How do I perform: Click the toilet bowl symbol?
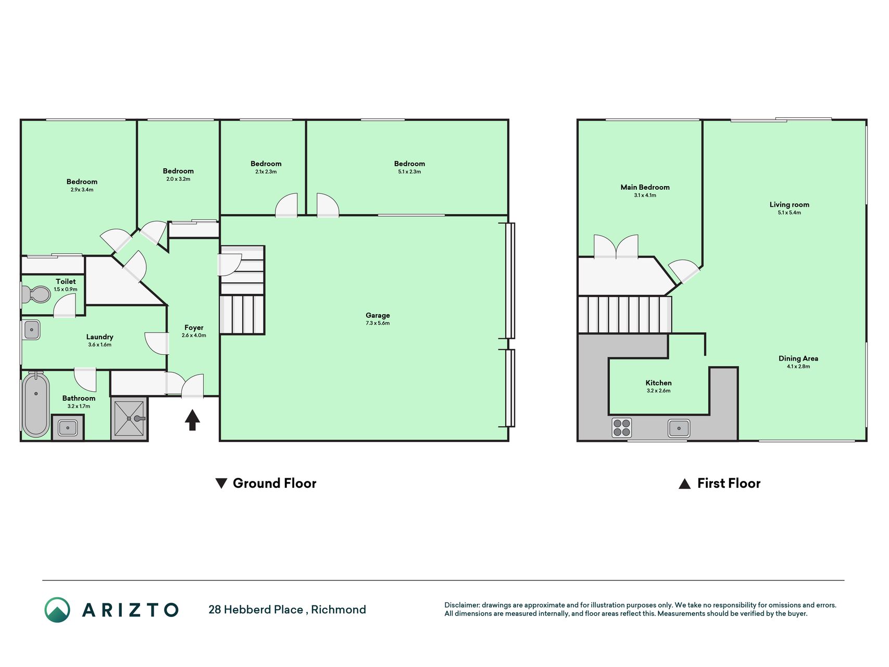click(36, 294)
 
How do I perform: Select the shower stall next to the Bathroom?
click(129, 418)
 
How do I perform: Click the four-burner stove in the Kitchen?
click(622, 428)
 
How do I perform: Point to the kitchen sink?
click(679, 428)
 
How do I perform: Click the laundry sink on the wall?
click(31, 330)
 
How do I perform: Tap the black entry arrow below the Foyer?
click(192, 419)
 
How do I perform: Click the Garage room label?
click(378, 315)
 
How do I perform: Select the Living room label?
click(790, 204)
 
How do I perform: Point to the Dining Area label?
click(798, 359)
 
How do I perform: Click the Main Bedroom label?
click(645, 187)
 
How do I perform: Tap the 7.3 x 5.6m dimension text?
click(378, 323)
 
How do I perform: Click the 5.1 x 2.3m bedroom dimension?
click(409, 171)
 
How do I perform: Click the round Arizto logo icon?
click(57, 610)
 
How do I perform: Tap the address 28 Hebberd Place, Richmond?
click(287, 610)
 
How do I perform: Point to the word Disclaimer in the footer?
click(462, 605)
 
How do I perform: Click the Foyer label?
click(194, 328)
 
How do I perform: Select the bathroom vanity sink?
click(68, 428)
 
